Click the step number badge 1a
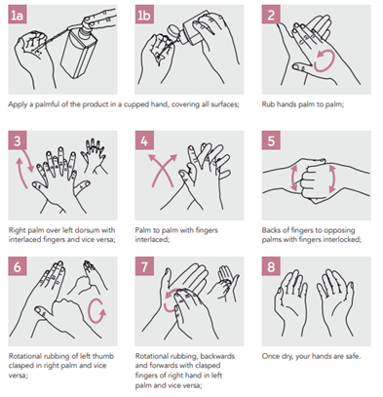pos(18,15)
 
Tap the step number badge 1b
pos(144,15)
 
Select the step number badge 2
pos(271,15)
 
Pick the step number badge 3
pos(18,140)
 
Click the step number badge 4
pos(144,140)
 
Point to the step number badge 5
pos(271,140)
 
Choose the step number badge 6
pos(18,266)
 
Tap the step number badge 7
pos(144,266)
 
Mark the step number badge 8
pos(271,266)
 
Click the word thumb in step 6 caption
pos(102,356)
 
